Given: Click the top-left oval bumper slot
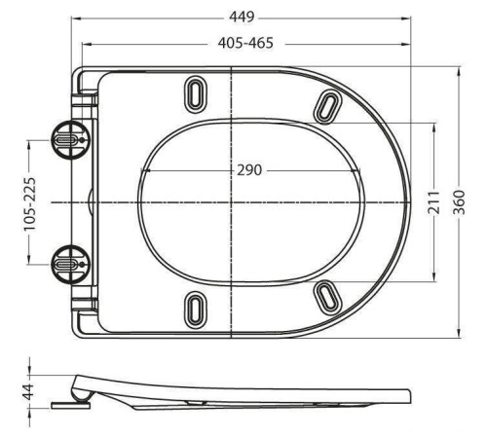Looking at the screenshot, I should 196,95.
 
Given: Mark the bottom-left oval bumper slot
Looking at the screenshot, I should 196,308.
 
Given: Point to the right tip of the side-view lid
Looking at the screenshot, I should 409,396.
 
